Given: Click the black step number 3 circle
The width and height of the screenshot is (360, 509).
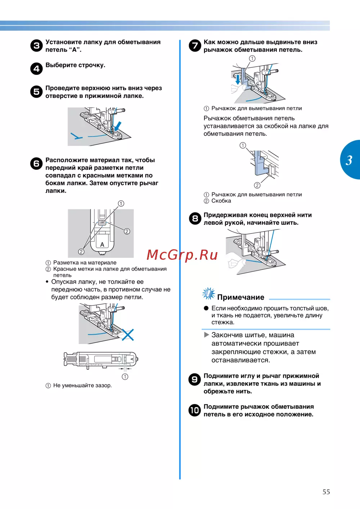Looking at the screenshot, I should pyautogui.click(x=36, y=46).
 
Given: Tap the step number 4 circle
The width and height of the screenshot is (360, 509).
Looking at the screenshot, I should pyautogui.click(x=36, y=68).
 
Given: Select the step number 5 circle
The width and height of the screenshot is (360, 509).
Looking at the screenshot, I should pyautogui.click(x=36, y=91).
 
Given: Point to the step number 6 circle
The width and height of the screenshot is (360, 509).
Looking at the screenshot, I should pyautogui.click(x=36, y=164).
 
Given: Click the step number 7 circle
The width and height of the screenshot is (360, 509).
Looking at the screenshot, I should pyautogui.click(x=195, y=45).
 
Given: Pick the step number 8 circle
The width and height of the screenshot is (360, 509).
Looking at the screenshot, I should pyautogui.click(x=195, y=218).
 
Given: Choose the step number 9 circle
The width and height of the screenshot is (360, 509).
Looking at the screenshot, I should pyautogui.click(x=195, y=379).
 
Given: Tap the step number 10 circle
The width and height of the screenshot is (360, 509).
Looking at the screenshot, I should pyautogui.click(x=195, y=410).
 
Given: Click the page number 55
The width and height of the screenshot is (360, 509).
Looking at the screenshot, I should pyautogui.click(x=326, y=492).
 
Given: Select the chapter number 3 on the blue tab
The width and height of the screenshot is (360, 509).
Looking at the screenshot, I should pyautogui.click(x=349, y=160).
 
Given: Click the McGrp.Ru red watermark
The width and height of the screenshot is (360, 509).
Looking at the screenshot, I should pyautogui.click(x=182, y=255).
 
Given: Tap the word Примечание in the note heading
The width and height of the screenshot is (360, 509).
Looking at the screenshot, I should pyautogui.click(x=240, y=298).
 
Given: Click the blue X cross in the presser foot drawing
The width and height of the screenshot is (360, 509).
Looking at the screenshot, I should pyautogui.click(x=127, y=335).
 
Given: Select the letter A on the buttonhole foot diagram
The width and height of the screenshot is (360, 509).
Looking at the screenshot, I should pyautogui.click(x=102, y=245).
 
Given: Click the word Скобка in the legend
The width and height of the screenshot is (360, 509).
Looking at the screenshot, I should pyautogui.click(x=221, y=201).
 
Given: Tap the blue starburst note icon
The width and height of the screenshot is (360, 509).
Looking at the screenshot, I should pyautogui.click(x=208, y=294).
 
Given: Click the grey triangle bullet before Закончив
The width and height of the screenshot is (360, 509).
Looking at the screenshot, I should pyautogui.click(x=206, y=335).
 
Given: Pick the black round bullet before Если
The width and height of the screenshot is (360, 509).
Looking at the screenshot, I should pyautogui.click(x=206, y=308).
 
